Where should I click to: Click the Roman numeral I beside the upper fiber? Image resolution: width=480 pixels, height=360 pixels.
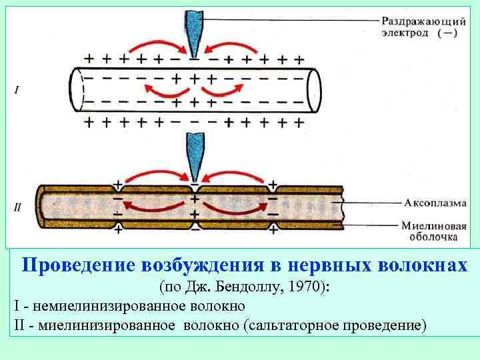point(15,87)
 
